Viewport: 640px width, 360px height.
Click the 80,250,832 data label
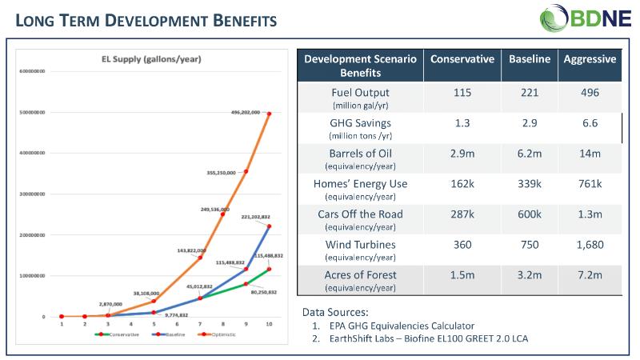(x=262, y=293)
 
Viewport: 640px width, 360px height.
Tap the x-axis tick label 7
(x=199, y=325)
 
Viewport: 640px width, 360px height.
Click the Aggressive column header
(x=590, y=60)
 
